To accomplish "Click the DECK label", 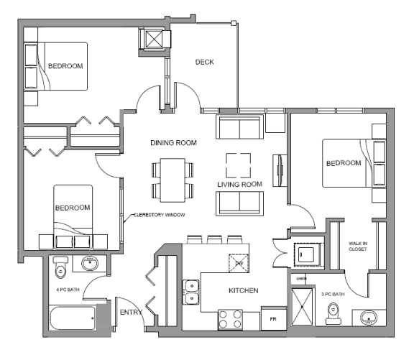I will pyautogui.click(x=205, y=62).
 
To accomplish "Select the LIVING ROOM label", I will pyautogui.click(x=239, y=185).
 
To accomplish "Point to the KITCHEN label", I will pyautogui.click(x=243, y=291).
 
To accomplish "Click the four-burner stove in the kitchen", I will pyautogui.click(x=229, y=318).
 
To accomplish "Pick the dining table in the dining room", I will pyautogui.click(x=172, y=181).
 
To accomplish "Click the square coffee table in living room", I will pyautogui.click(x=238, y=165).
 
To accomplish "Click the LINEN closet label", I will pyautogui.click(x=301, y=278).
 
